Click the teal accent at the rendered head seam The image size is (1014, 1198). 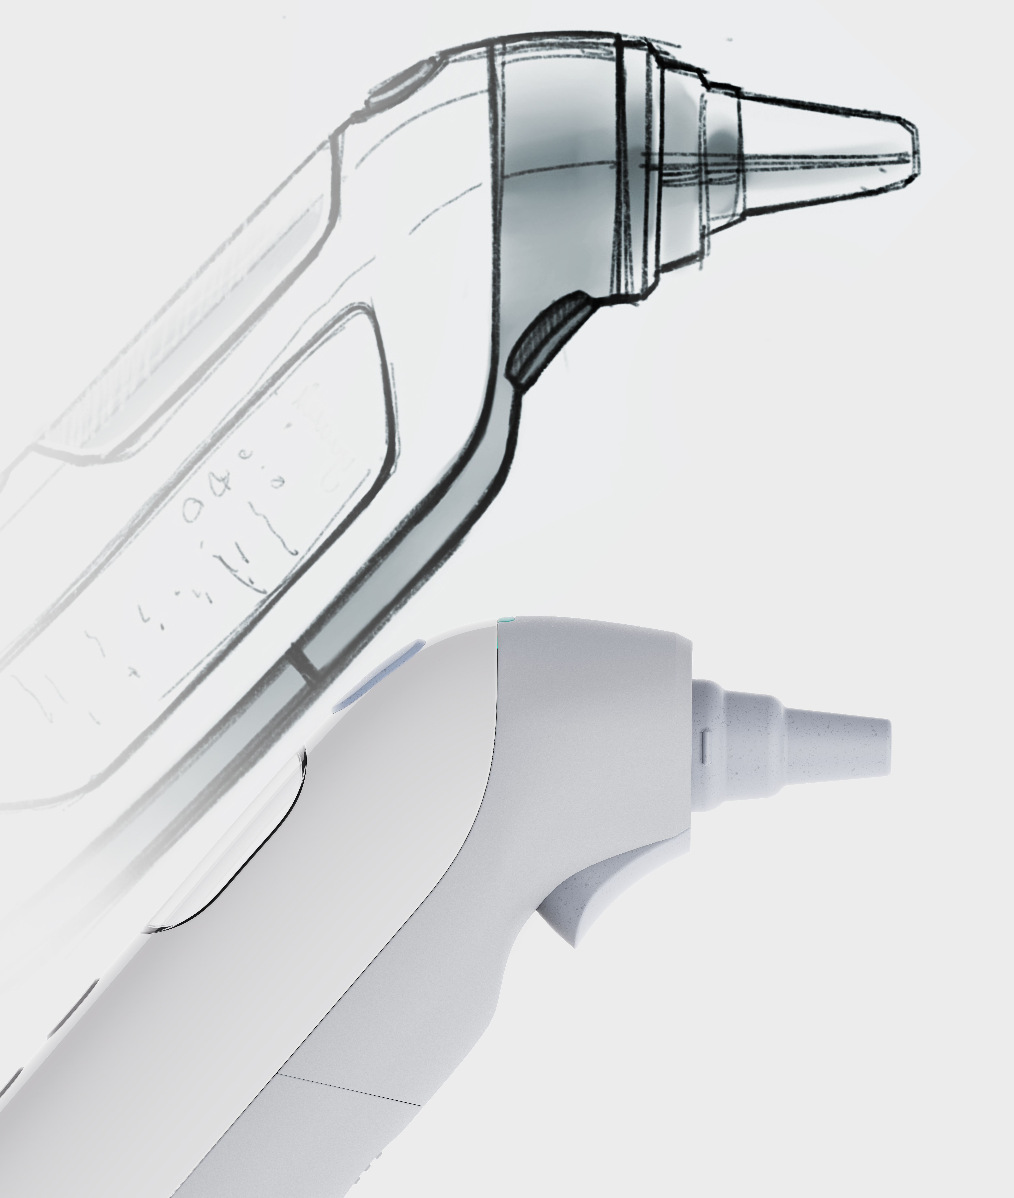pos(506,621)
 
